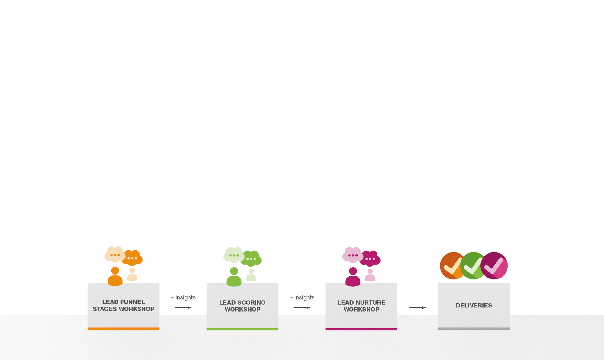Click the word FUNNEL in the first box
coord(133,302)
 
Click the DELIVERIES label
coord(474,305)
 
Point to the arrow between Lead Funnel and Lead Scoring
coord(183,307)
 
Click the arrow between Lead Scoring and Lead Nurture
coord(302,307)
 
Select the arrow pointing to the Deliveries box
coord(418,307)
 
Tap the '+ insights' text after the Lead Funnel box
coord(183,297)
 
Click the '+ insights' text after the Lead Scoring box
coord(302,297)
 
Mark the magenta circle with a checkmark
coord(494,266)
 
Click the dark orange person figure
coord(115,276)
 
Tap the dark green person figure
coord(234,277)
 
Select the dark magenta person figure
coord(353,277)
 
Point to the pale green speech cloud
coord(233,255)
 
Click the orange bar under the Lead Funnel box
coord(124,329)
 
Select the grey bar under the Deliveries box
coord(474,329)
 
